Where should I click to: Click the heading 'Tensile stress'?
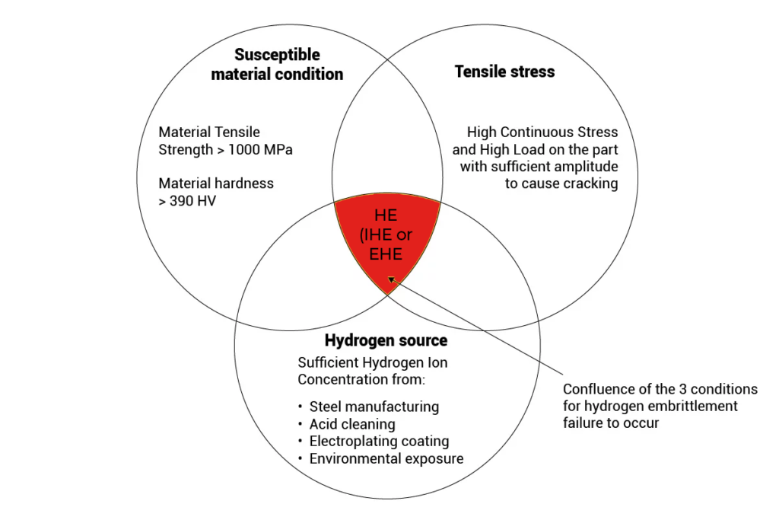504,72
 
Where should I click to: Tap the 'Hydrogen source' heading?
386,340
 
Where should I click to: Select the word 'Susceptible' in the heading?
277,55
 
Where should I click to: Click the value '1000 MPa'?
260,149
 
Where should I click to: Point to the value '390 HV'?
192,201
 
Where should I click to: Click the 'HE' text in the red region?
386,215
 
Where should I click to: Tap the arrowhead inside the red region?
392,280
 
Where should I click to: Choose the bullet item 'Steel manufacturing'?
374,407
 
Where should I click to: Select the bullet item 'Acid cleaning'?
352,424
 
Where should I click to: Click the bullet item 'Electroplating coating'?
379,441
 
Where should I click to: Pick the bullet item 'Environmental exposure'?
386,458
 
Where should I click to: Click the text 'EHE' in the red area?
386,254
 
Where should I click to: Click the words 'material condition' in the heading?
277,74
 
